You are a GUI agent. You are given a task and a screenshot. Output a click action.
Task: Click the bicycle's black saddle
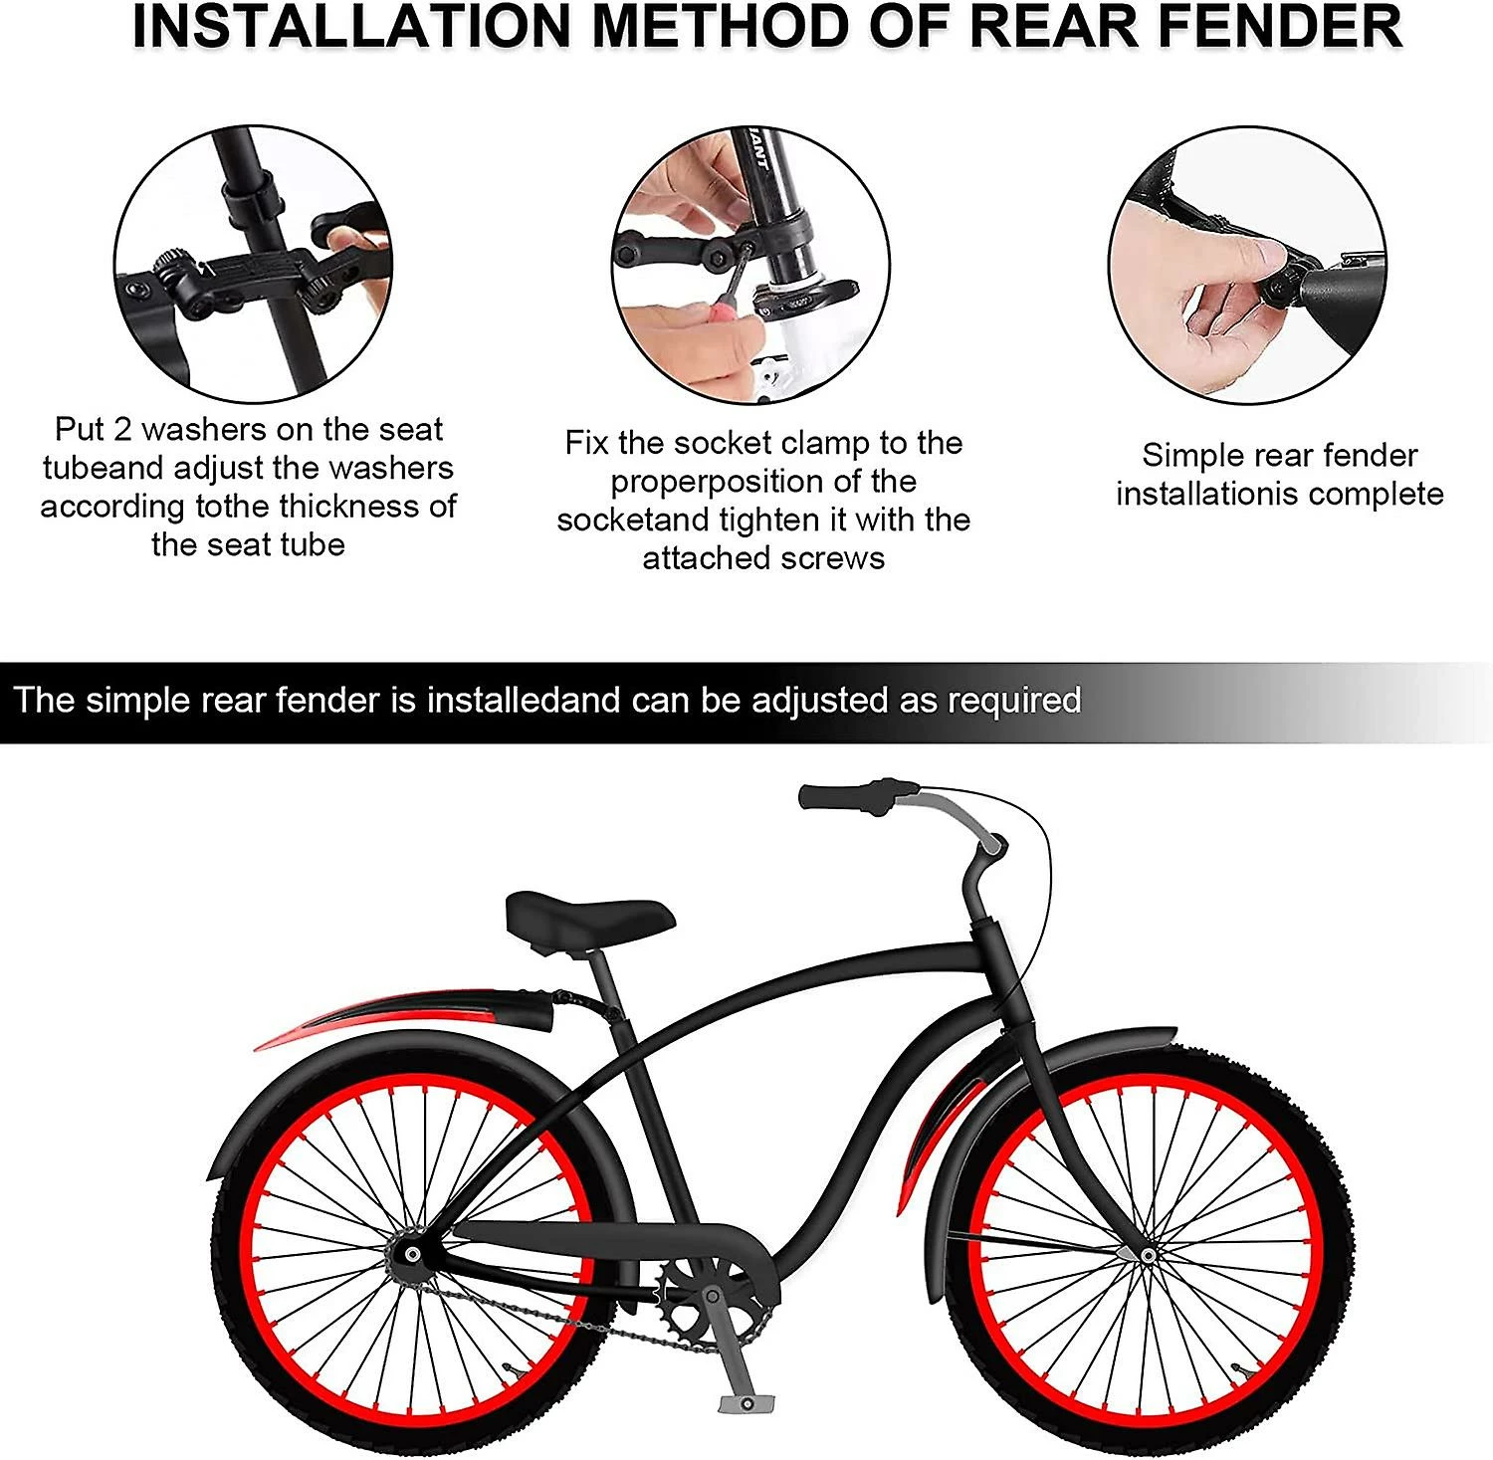click(x=588, y=918)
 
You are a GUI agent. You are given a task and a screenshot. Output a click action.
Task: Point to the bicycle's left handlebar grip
click(x=842, y=797)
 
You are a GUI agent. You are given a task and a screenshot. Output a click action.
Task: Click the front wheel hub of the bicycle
click(x=1148, y=1256)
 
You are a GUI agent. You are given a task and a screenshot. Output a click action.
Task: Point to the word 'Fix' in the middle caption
click(x=586, y=443)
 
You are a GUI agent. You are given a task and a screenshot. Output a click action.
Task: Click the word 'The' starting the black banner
click(x=45, y=701)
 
